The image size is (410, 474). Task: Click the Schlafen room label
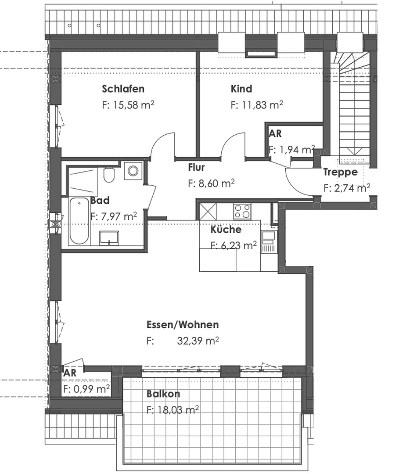(x=123, y=89)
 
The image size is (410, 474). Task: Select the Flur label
(x=196, y=167)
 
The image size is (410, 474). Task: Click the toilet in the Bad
(x=109, y=175)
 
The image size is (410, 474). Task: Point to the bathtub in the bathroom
(x=79, y=222)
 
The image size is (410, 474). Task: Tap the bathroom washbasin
(x=109, y=238)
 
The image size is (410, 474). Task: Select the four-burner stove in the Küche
(x=242, y=211)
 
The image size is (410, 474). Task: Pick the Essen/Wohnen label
(x=182, y=325)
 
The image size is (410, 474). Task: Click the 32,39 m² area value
(x=198, y=341)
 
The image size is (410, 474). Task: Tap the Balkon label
(x=163, y=394)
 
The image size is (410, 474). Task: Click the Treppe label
(x=340, y=172)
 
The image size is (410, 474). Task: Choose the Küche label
(x=226, y=230)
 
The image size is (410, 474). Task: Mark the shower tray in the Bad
(x=83, y=181)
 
